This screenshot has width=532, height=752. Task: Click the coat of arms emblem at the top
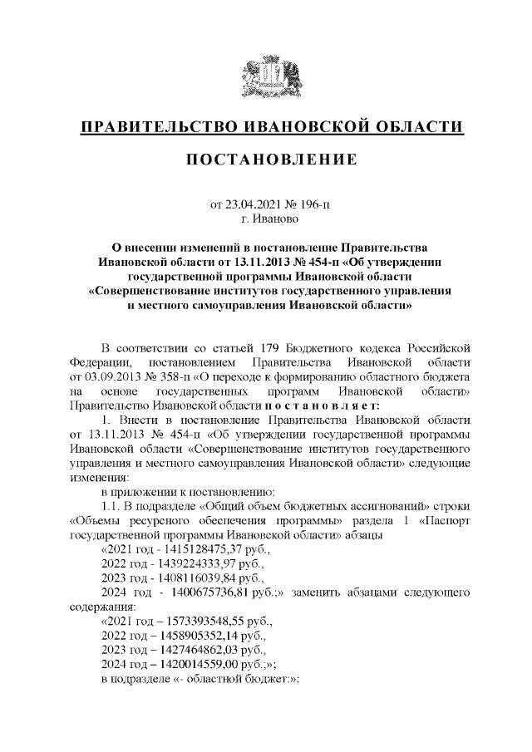click(266, 76)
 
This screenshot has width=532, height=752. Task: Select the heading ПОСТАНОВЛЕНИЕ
click(266, 159)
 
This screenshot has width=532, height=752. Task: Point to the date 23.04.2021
click(253, 204)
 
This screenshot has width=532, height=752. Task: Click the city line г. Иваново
click(266, 219)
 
